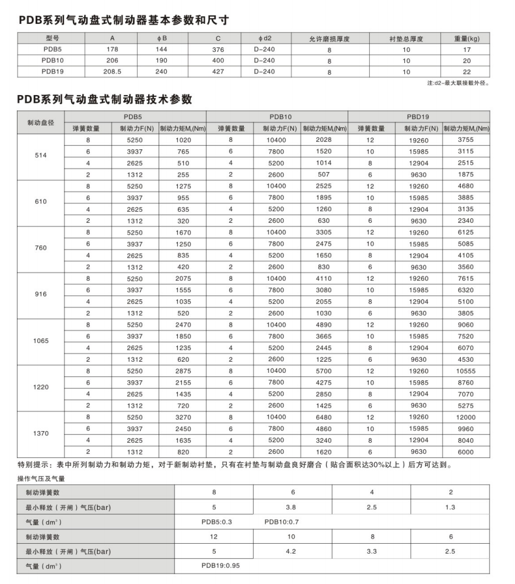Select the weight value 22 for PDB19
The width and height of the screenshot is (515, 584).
[x=467, y=71]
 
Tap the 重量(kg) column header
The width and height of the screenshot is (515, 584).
[x=467, y=39]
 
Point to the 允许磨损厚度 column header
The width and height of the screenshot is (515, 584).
[x=329, y=39]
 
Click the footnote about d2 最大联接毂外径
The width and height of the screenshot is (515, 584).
[x=458, y=82]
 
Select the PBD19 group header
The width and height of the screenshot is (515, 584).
[x=419, y=117]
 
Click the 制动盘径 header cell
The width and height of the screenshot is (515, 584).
[x=41, y=123]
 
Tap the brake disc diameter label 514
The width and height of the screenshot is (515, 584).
[x=41, y=156]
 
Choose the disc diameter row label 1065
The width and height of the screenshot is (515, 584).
[x=41, y=341]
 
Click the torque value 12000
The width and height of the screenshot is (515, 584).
[x=466, y=417]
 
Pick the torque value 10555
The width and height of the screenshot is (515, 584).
[x=466, y=371]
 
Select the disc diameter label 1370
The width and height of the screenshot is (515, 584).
[x=41, y=433]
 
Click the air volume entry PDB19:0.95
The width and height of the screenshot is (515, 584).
[x=221, y=565]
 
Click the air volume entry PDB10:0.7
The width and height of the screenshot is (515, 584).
[x=282, y=522]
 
